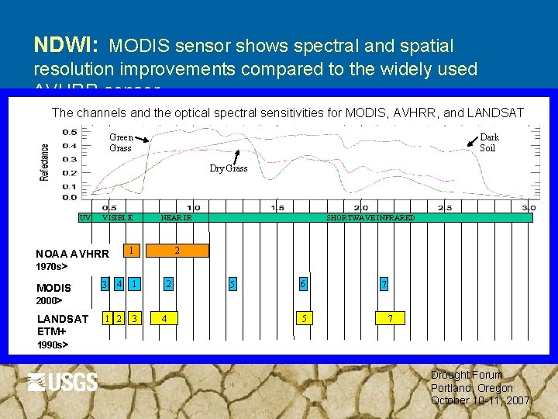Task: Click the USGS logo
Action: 63,382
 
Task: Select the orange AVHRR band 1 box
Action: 133,250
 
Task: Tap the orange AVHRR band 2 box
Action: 177,250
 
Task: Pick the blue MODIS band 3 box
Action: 105,284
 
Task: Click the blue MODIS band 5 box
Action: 232,284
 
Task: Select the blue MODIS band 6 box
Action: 303,284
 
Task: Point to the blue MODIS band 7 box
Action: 382,284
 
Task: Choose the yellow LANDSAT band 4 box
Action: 164,317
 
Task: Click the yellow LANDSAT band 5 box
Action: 305,317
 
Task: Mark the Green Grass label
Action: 121,143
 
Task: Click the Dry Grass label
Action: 229,168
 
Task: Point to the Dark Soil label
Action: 489,143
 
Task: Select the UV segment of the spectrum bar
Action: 85,218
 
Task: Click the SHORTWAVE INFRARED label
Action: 370,218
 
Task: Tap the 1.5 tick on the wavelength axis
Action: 277,207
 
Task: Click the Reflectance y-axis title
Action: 46,161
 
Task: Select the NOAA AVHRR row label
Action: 72,254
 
